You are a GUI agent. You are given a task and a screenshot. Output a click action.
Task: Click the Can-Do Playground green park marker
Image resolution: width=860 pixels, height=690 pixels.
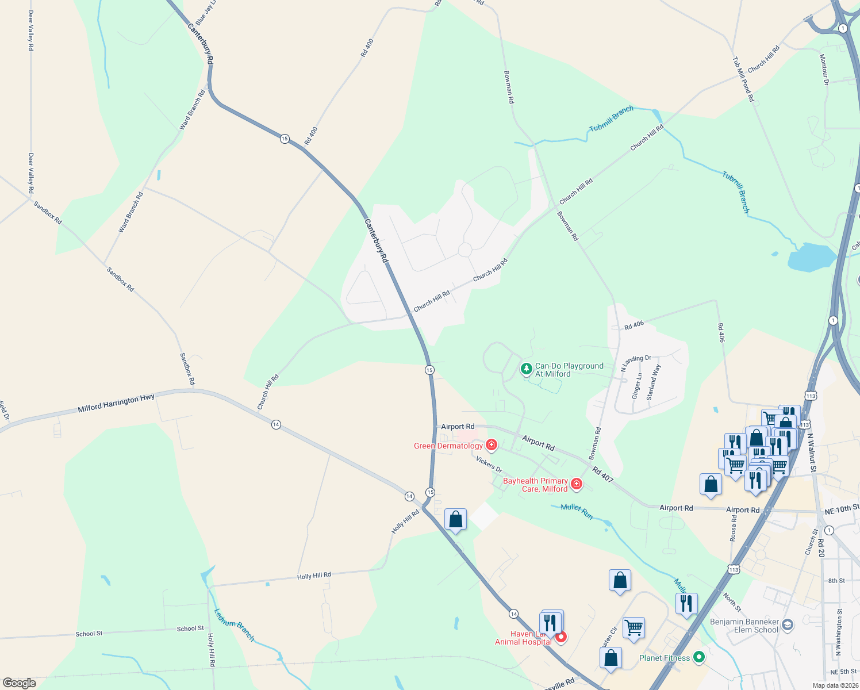[x=526, y=369]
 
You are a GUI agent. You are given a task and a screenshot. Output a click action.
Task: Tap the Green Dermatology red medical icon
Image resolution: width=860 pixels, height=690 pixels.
[x=491, y=445]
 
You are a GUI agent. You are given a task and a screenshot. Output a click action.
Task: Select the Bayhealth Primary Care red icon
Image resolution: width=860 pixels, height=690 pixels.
[x=576, y=484]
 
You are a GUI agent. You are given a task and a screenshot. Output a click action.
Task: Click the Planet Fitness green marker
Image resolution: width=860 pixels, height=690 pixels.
[x=699, y=657]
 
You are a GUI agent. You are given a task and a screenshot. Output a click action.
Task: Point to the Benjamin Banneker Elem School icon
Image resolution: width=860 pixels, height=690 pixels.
[x=788, y=624]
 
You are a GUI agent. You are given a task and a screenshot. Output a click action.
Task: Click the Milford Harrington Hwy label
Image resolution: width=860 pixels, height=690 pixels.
[x=116, y=403]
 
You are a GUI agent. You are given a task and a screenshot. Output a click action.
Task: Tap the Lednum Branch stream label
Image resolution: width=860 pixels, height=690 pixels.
[x=234, y=624]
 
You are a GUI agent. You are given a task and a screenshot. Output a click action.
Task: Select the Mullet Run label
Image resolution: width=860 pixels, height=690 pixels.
[x=577, y=511]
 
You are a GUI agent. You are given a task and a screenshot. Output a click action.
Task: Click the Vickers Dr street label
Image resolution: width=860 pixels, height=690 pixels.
[x=489, y=463]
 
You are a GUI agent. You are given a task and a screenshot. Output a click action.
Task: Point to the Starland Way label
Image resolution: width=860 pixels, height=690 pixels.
[x=654, y=382]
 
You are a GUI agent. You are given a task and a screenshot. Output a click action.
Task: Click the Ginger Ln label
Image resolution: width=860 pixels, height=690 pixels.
[x=636, y=385]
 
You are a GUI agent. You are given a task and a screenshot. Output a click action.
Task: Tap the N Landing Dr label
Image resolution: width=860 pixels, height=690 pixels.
[x=636, y=362]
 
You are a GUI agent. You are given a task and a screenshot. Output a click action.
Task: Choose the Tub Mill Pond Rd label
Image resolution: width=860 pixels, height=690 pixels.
[x=743, y=79]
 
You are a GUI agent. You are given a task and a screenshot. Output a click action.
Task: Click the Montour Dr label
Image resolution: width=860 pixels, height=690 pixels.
[x=824, y=70]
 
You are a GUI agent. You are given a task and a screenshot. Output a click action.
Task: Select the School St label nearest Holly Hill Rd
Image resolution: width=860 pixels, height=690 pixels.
[x=190, y=628]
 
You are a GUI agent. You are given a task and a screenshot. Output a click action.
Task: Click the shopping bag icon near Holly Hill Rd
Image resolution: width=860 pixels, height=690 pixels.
[x=455, y=520]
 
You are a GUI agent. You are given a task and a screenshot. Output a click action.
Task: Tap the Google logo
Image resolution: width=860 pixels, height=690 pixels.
[x=20, y=683]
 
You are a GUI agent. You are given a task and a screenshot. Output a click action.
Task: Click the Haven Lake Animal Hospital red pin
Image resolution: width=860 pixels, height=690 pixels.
[x=562, y=637]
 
